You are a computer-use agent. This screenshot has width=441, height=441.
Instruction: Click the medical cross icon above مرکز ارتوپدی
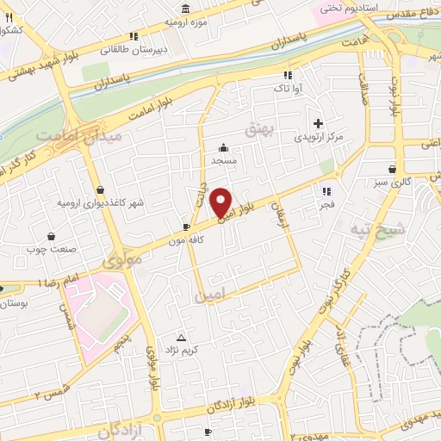[x=319, y=123]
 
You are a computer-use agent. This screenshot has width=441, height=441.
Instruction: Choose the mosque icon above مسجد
[x=224, y=147]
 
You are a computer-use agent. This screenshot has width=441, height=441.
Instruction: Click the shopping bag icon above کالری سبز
[x=393, y=169]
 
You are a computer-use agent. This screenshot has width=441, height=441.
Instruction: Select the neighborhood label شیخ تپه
[x=376, y=228]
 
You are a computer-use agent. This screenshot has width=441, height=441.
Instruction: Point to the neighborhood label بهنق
[x=258, y=129]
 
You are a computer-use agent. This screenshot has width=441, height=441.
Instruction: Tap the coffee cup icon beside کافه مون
[x=187, y=227]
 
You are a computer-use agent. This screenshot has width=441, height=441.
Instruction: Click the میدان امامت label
[x=80, y=137]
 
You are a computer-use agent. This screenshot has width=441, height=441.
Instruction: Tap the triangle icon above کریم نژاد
[x=181, y=337]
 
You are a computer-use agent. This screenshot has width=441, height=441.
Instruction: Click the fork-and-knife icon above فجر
[x=326, y=191]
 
